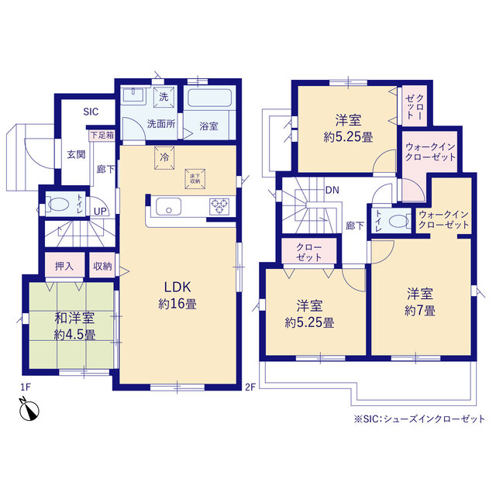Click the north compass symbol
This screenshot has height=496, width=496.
pos(29,410)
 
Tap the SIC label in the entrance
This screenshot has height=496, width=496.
pos(91,112)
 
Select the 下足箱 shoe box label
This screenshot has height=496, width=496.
pos(102,136)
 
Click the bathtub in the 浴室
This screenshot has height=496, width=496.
pos(209,98)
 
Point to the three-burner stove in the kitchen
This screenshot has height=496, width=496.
pos(219,206)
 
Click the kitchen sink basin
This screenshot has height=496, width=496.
pos(169,207)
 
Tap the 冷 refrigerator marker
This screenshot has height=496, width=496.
pos(164,157)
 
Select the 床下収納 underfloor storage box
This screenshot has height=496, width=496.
pos(195,179)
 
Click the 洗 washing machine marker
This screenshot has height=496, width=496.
pos(164,97)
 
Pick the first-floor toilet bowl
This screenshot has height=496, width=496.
pos(59,204)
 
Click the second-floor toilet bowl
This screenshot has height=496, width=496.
pos(399,221)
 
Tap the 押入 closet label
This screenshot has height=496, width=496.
pos(64,267)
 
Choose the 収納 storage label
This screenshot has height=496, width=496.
pos(102,267)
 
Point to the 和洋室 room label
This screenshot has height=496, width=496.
pos(74,318)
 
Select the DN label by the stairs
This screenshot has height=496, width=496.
pos(332,190)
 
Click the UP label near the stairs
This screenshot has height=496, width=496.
pos(100,212)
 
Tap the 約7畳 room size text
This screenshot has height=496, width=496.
pos(420,311)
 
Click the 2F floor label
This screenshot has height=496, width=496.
pos(250,387)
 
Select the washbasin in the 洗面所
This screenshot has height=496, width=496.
pos(133,95)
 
